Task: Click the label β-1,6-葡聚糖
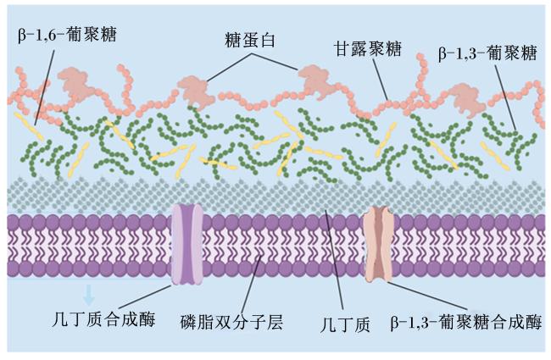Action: click(x=67, y=35)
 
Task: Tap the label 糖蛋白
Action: click(x=249, y=40)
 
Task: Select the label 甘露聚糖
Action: click(x=367, y=49)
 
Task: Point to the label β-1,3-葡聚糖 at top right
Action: click(x=487, y=53)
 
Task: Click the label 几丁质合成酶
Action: click(x=103, y=318)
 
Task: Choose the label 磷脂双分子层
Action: click(x=231, y=322)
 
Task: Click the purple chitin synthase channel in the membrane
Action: click(x=187, y=245)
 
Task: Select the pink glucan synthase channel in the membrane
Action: click(x=379, y=244)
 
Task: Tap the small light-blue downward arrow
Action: click(x=88, y=295)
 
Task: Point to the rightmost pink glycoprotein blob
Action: click(x=465, y=99)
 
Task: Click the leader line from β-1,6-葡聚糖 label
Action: click(x=45, y=87)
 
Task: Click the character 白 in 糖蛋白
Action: click(x=266, y=40)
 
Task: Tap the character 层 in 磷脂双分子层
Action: click(x=275, y=322)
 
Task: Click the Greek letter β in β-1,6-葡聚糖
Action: click(x=22, y=36)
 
